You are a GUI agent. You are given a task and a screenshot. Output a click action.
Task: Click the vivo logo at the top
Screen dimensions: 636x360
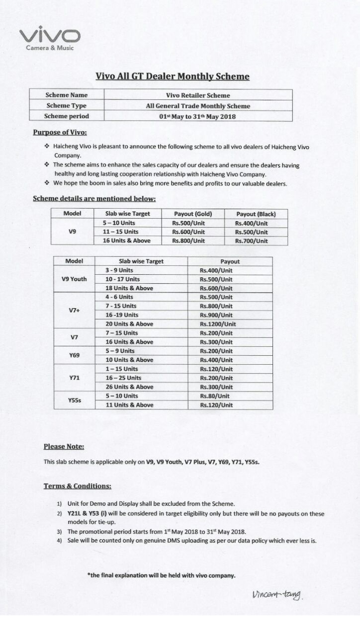click(x=49, y=36)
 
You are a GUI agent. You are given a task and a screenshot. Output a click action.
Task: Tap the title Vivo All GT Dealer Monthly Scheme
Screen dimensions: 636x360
click(x=172, y=77)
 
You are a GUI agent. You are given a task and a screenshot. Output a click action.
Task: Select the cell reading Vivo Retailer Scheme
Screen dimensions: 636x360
click(x=198, y=95)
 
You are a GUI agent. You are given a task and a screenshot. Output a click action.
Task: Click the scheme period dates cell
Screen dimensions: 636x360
click(x=198, y=117)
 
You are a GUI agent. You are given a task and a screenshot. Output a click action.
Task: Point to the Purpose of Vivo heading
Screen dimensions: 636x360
click(x=60, y=132)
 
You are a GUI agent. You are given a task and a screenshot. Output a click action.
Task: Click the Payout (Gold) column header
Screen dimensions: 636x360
click(x=193, y=214)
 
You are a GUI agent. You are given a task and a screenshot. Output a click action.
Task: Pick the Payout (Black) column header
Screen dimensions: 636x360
click(x=256, y=214)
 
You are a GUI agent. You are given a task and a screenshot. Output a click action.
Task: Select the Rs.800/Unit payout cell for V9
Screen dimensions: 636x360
click(x=188, y=241)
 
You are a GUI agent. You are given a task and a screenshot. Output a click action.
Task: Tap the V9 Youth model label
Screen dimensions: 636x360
click(x=74, y=279)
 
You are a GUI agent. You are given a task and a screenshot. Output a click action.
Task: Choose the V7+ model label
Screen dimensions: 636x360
click(x=74, y=311)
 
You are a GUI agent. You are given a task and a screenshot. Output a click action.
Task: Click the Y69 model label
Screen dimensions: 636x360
click(x=74, y=355)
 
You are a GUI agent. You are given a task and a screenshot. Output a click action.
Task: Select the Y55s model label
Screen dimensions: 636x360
click(x=74, y=400)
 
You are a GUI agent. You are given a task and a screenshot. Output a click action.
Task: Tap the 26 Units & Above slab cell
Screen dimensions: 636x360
click(x=129, y=387)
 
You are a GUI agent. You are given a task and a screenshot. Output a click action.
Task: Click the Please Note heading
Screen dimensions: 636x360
click(x=64, y=447)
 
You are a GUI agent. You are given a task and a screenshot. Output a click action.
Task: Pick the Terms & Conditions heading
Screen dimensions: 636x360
click(x=77, y=486)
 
